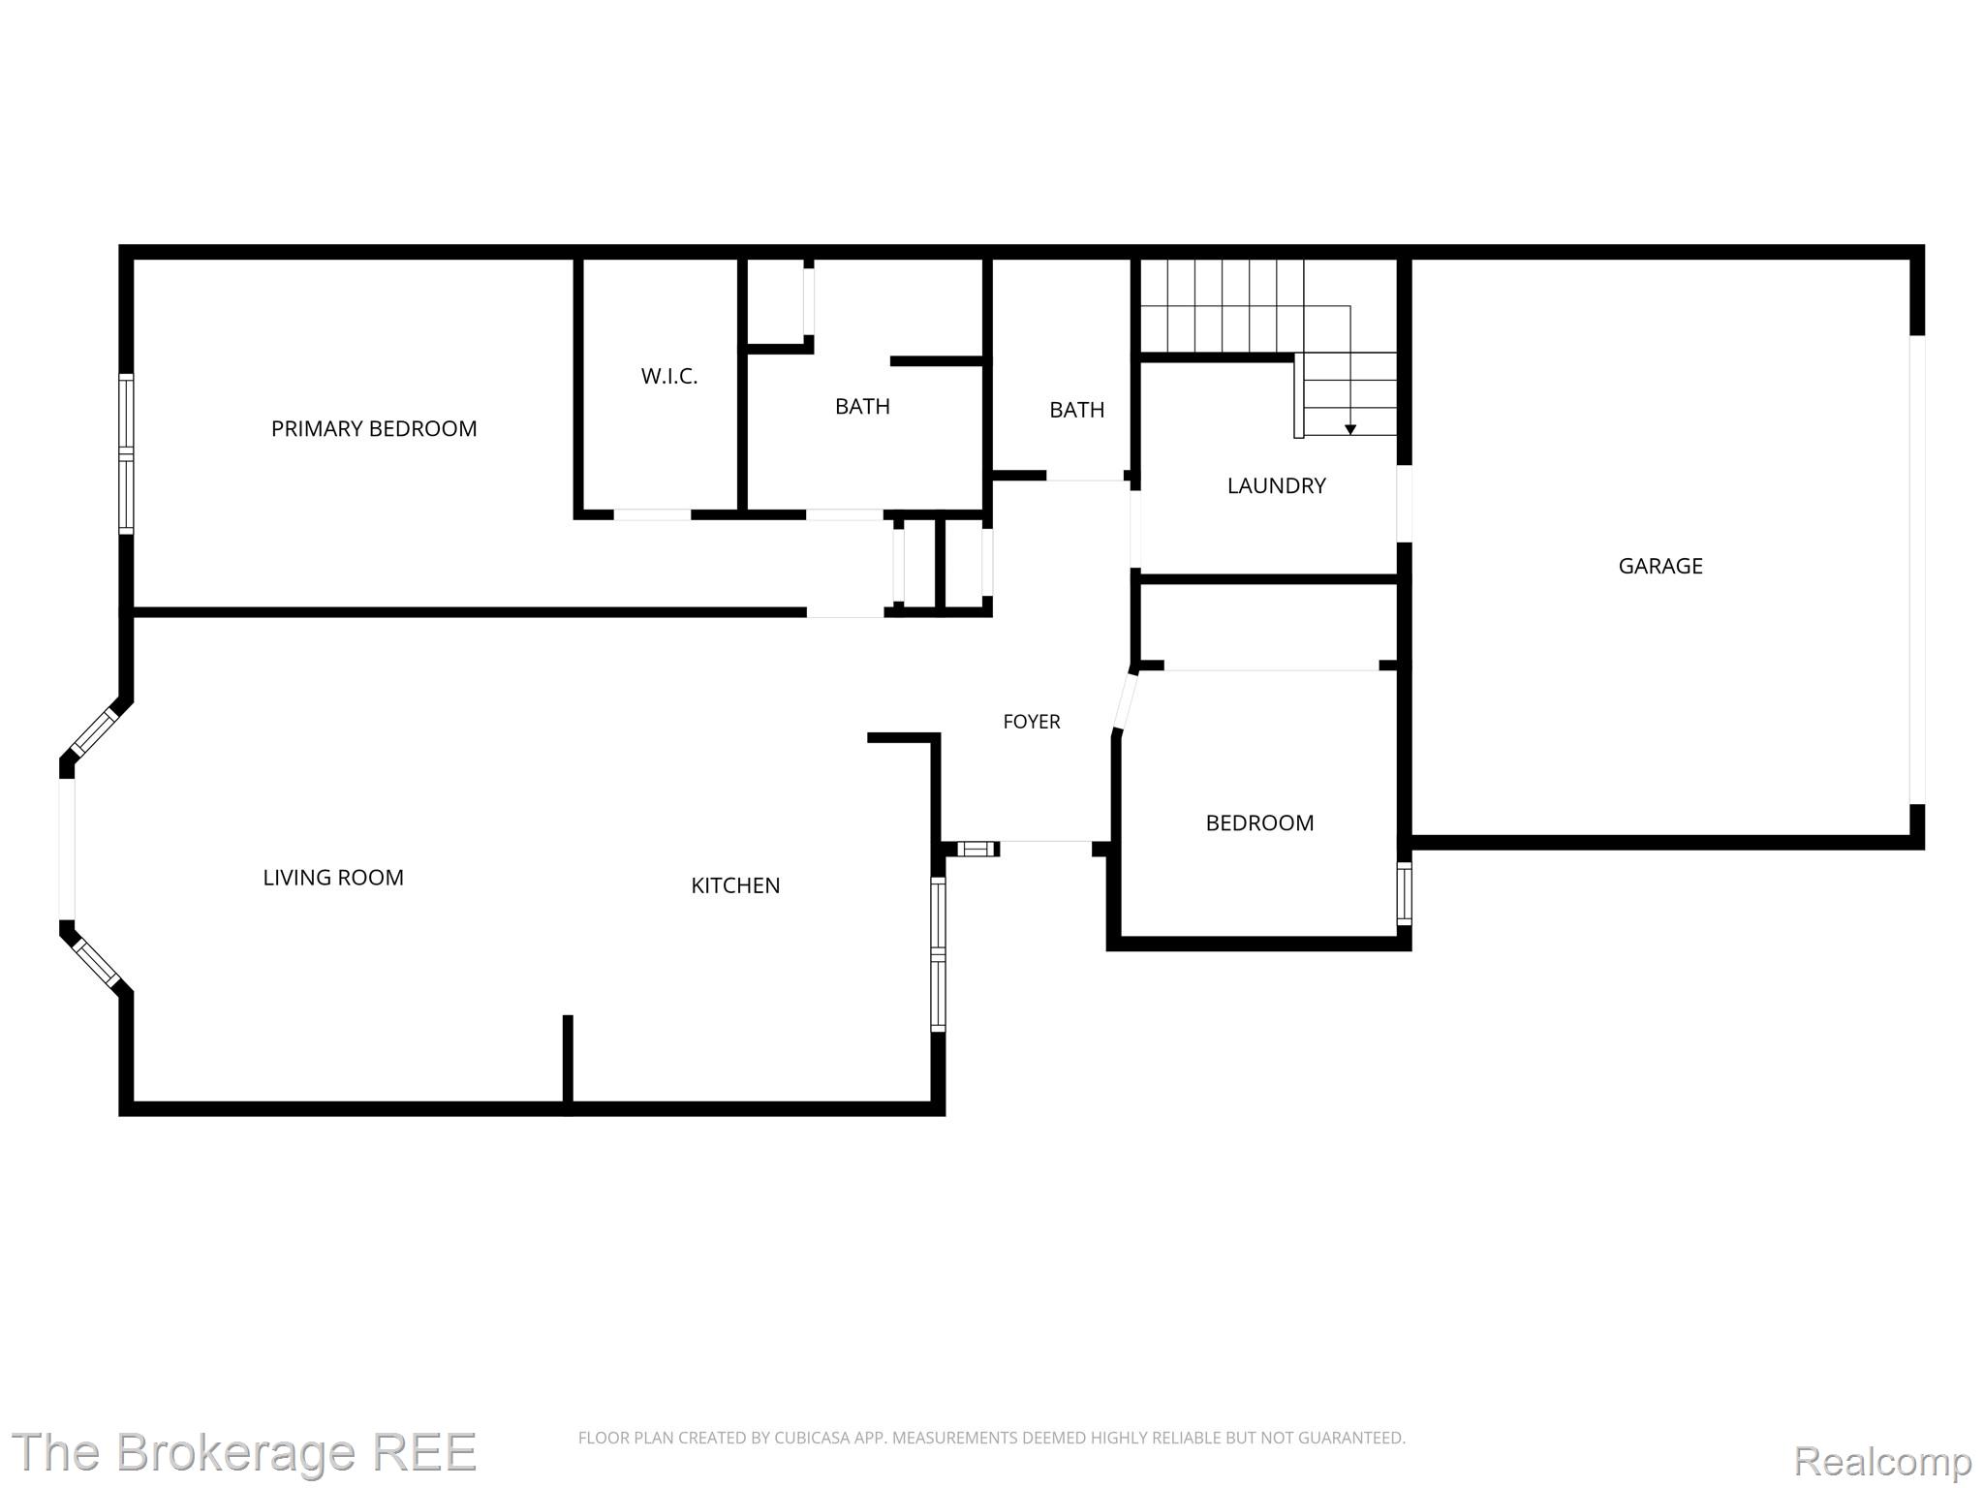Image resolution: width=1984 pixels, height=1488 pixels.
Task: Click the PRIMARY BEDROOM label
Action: pyautogui.click(x=374, y=428)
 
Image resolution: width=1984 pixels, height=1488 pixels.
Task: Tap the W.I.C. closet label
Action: pyautogui.click(x=669, y=376)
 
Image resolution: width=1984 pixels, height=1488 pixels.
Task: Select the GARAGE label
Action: pyautogui.click(x=1660, y=566)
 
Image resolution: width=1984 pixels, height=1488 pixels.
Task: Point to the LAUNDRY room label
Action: pyautogui.click(x=1276, y=485)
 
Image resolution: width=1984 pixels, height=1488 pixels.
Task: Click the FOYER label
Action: pyautogui.click(x=1032, y=721)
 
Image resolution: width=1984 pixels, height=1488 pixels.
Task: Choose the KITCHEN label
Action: pyautogui.click(x=735, y=884)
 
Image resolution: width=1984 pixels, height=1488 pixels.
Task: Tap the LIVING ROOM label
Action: pyautogui.click(x=333, y=877)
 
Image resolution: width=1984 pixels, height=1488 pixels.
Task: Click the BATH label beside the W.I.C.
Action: pyautogui.click(x=862, y=406)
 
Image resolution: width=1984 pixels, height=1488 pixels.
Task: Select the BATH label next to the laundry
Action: pyautogui.click(x=1077, y=410)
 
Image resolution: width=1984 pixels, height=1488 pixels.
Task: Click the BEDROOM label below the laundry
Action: pyautogui.click(x=1259, y=822)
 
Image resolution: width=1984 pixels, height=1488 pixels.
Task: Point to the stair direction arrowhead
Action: pyautogui.click(x=1350, y=429)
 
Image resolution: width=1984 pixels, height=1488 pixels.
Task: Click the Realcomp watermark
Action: pyautogui.click(x=1883, y=1460)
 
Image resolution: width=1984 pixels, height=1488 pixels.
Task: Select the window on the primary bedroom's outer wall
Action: pyautogui.click(x=126, y=453)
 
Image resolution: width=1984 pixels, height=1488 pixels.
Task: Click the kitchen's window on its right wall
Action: pyautogui.click(x=938, y=953)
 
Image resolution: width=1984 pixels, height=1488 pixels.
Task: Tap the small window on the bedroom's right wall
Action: pyautogui.click(x=1404, y=893)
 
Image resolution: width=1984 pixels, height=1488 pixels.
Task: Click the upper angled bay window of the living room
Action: pyautogui.click(x=95, y=731)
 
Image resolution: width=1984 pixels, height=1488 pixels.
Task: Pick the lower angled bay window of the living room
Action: pyautogui.click(x=95, y=963)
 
